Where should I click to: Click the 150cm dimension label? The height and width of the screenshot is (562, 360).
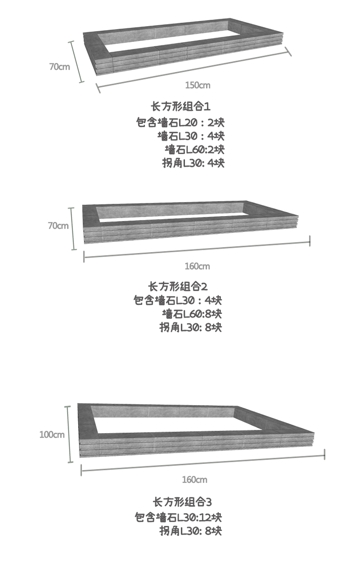coord(198,85)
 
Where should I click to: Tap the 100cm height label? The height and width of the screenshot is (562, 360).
coord(52,435)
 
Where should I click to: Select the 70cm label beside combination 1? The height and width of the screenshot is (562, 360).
coord(59,66)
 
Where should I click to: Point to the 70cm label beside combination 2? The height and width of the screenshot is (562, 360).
coord(58,226)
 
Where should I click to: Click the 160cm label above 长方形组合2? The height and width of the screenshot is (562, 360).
coord(197,266)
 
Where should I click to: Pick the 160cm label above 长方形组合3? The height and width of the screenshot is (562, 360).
coord(195,480)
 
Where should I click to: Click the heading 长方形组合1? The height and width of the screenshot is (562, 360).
coord(180,106)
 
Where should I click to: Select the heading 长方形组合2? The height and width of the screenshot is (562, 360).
coord(178,286)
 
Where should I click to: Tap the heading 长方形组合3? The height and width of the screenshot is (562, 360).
coord(182,503)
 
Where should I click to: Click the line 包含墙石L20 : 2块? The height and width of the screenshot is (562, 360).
coord(180,122)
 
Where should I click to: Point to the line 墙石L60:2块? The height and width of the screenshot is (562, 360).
coord(194,149)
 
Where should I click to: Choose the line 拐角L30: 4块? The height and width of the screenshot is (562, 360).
coord(193,163)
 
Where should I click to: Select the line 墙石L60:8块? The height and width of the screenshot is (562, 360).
coord(192,314)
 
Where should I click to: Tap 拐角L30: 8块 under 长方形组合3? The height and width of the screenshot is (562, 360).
coord(190,531)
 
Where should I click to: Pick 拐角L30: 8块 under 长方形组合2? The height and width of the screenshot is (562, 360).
coord(190,327)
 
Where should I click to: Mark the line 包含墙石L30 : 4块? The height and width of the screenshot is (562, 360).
coord(178,300)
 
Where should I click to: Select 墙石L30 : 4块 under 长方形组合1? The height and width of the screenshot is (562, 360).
coord(191,136)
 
